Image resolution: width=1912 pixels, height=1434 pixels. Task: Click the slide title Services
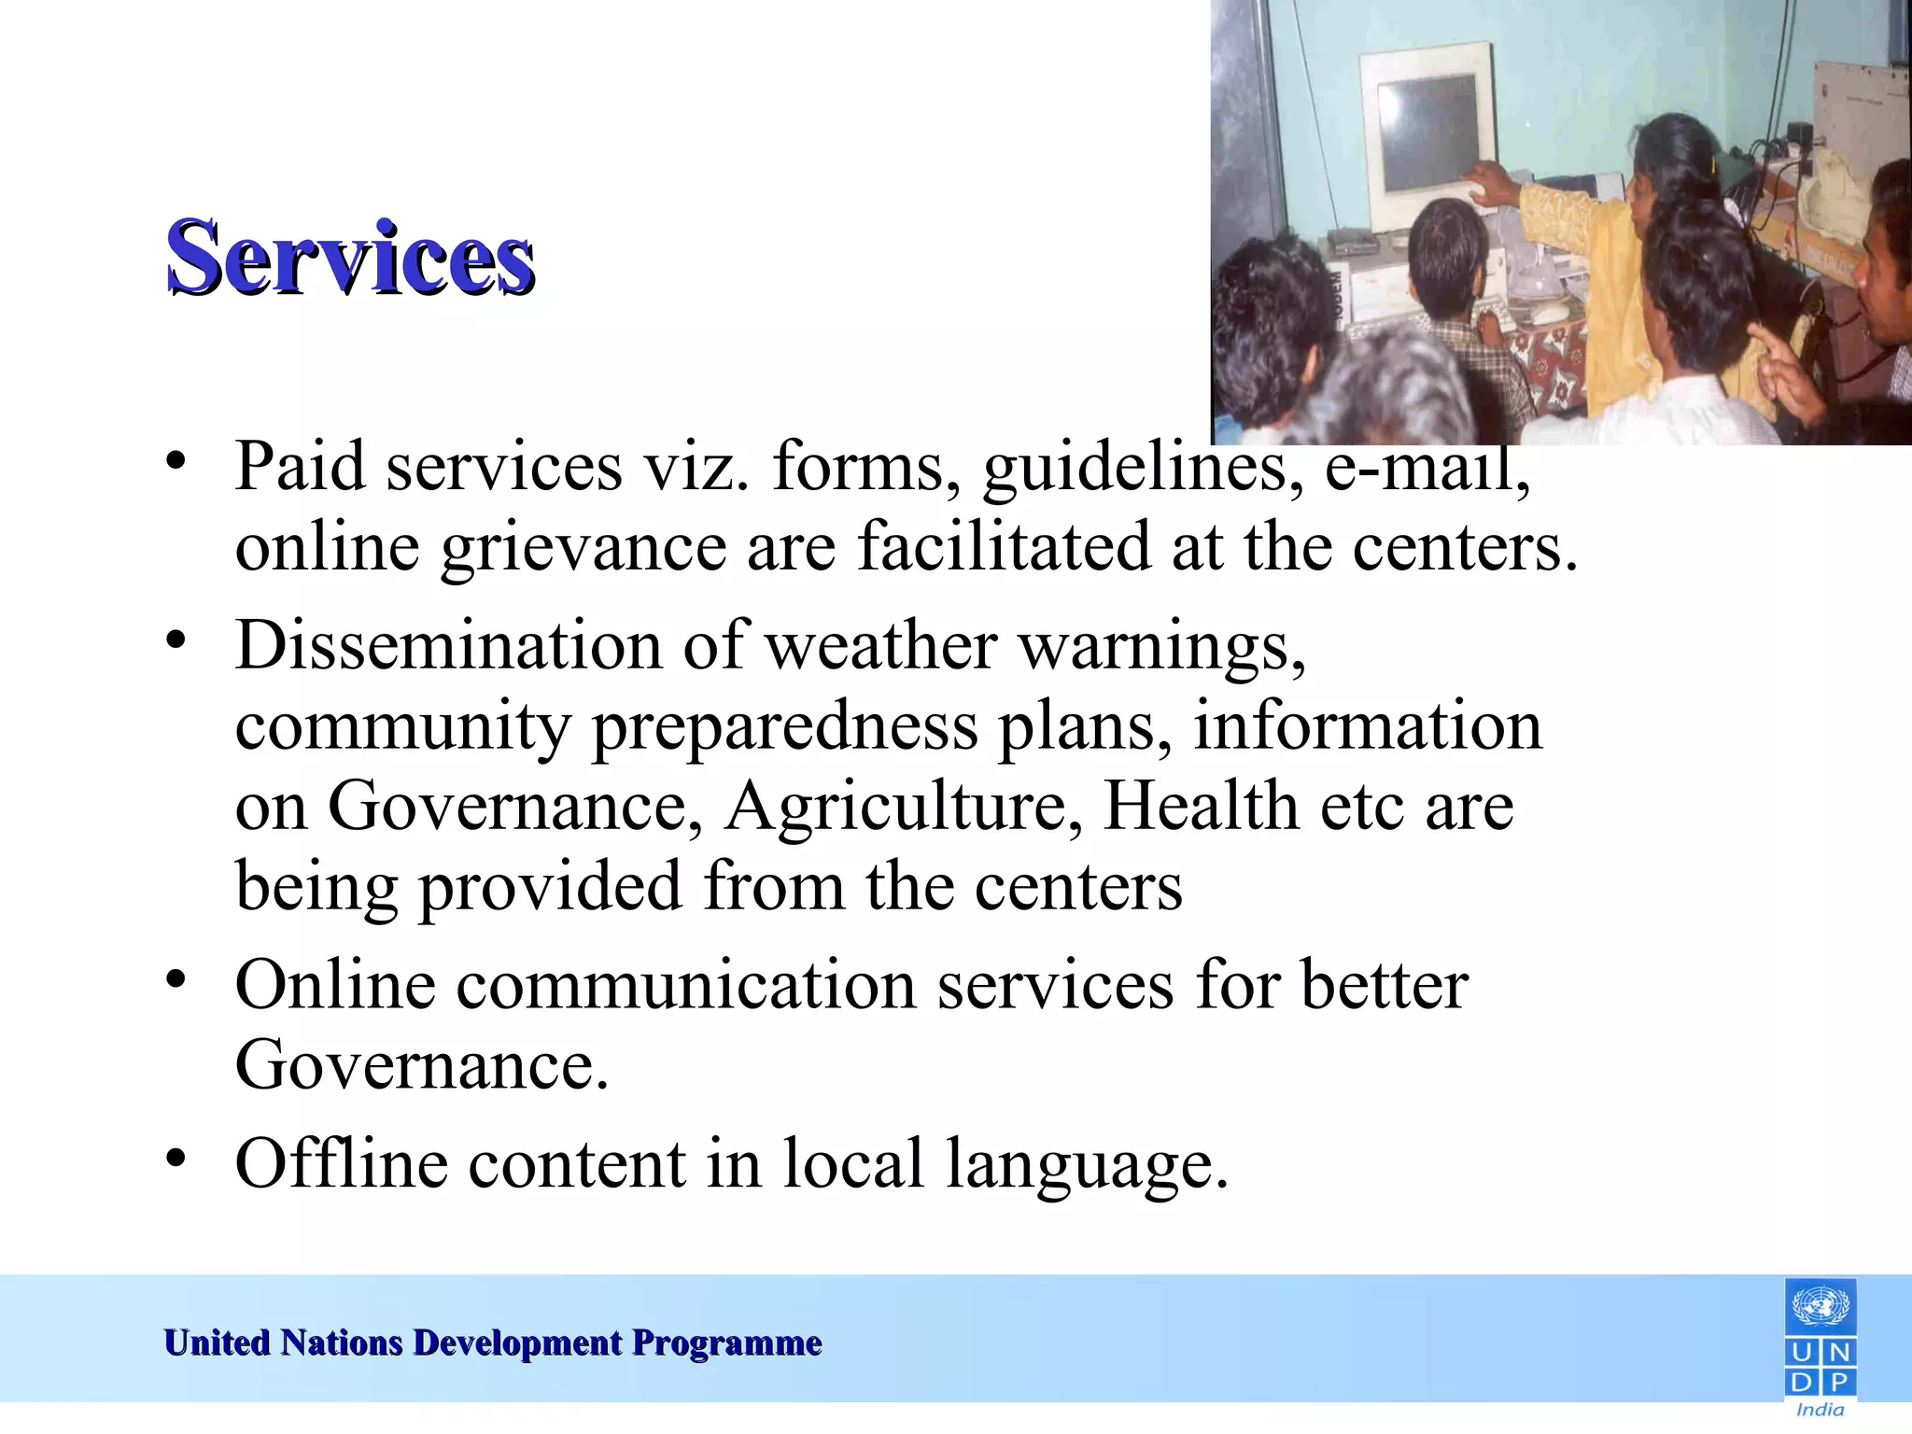350,257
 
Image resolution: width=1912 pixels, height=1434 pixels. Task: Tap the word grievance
583,548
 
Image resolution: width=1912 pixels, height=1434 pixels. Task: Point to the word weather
881,645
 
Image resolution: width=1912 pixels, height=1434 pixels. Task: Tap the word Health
1201,806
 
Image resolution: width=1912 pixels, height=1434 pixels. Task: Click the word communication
686,985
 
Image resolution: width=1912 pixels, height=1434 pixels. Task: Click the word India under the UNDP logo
1820,1410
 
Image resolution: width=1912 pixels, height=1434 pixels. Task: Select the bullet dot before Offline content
176,1158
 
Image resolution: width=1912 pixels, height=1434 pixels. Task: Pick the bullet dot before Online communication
176,979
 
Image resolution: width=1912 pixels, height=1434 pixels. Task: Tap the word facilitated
1004,548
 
